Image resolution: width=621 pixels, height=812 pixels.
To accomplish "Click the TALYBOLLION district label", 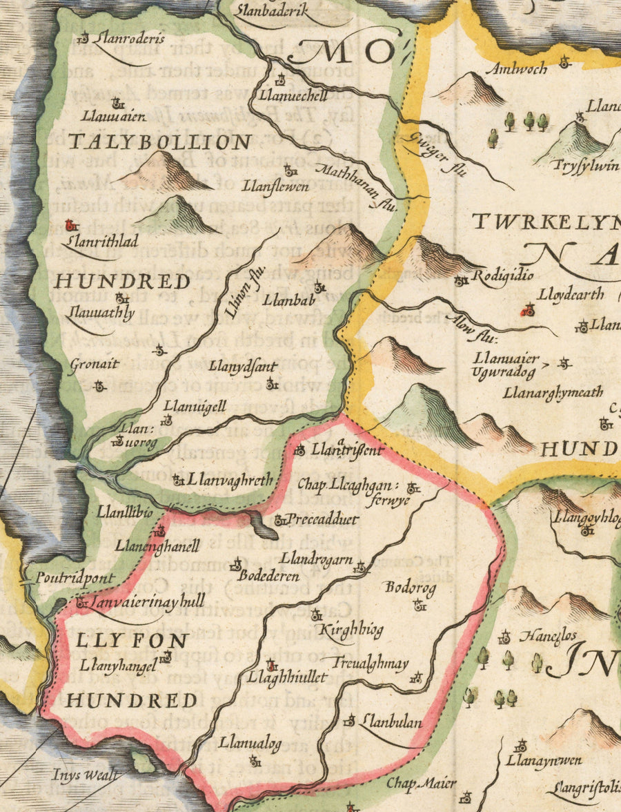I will click(x=159, y=143).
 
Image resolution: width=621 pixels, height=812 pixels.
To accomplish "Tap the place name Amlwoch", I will click(x=517, y=68).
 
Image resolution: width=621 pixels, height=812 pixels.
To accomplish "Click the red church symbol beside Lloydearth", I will click(x=529, y=310).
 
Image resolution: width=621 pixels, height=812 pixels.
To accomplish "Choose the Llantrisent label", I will click(x=347, y=450).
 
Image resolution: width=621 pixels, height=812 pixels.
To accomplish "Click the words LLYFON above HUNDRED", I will click(x=132, y=641).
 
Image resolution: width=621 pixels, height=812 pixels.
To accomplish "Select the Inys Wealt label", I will click(x=85, y=775).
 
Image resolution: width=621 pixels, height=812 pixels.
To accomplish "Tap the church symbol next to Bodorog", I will click(x=420, y=606).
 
